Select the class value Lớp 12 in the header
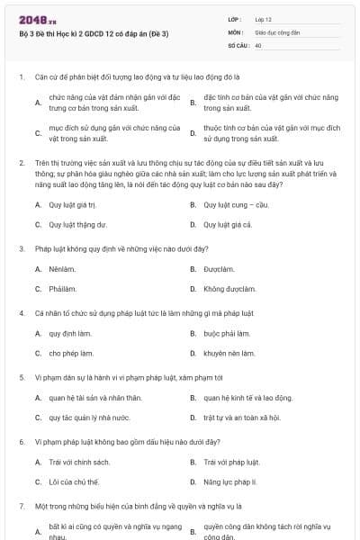pos(263,19)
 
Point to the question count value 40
pos(258,44)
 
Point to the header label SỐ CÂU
pos(238,44)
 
